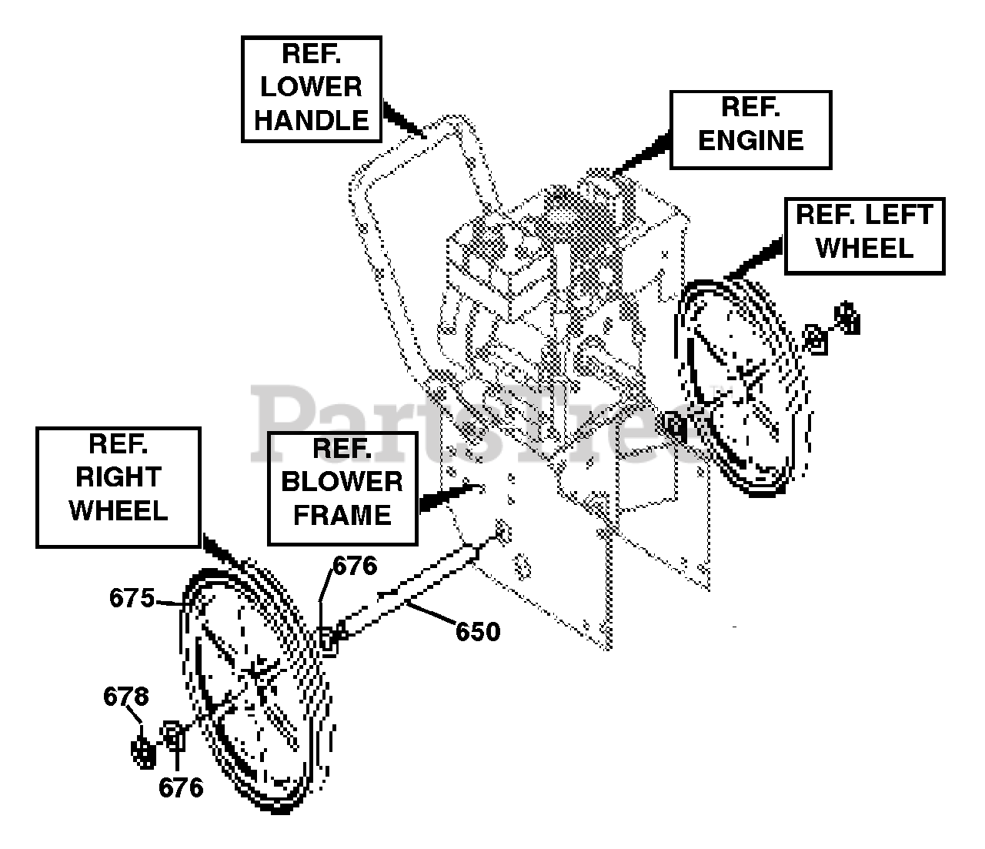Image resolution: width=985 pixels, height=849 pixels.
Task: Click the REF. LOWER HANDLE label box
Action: pyautogui.click(x=312, y=89)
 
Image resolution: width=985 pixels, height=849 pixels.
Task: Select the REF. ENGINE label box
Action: pyautogui.click(x=750, y=129)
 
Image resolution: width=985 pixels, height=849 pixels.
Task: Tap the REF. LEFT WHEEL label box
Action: pyautogui.click(x=864, y=236)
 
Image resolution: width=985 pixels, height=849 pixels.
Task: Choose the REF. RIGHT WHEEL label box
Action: pyautogui.click(x=119, y=487)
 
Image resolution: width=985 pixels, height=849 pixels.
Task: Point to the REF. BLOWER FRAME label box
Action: pyautogui.click(x=342, y=488)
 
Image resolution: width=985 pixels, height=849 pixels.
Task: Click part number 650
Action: pyautogui.click(x=478, y=632)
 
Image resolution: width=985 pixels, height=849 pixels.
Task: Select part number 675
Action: pyautogui.click(x=132, y=598)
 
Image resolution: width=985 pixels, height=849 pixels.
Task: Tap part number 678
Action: pyautogui.click(x=126, y=697)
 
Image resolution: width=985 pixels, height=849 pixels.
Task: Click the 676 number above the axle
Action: pyautogui.click(x=355, y=567)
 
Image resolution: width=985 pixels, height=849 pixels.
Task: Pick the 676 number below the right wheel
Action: pyautogui.click(x=181, y=787)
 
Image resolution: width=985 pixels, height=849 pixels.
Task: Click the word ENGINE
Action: pyautogui.click(x=751, y=141)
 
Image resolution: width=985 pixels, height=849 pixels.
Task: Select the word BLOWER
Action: pyautogui.click(x=342, y=482)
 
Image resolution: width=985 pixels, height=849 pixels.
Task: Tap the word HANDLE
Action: pyautogui.click(x=312, y=121)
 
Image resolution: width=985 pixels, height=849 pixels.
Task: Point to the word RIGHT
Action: pyautogui.click(x=119, y=477)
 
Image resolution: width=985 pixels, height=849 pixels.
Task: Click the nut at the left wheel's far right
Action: pyautogui.click(x=847, y=317)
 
